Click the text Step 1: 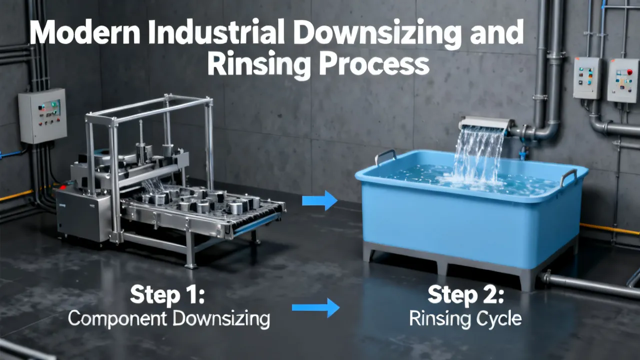pyautogui.click(x=167, y=294)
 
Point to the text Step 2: pyautogui.click(x=465, y=295)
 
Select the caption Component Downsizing pyautogui.click(x=169, y=319)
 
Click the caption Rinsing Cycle pyautogui.click(x=465, y=318)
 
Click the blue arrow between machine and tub pyautogui.click(x=319, y=200)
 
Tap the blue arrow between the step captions pyautogui.click(x=315, y=307)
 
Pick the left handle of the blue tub pyautogui.click(x=385, y=156)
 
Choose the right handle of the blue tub pyautogui.click(x=568, y=177)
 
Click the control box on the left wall pyautogui.click(x=42, y=115)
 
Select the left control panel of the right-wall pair pyautogui.click(x=587, y=77)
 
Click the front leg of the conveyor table pyautogui.click(x=190, y=248)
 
